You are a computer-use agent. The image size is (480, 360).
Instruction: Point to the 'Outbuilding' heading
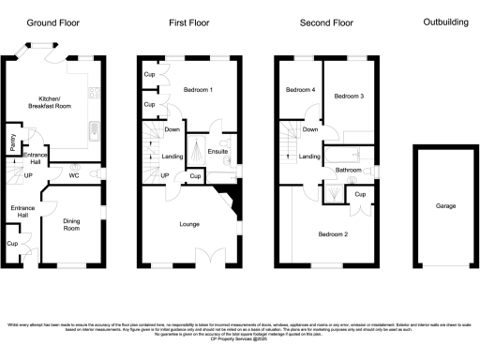pos(445,22)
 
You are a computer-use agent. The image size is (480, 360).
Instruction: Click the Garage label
pos(445,206)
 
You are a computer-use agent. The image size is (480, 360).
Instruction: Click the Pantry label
pos(12,142)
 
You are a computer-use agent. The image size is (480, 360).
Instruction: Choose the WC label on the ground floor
pos(73,174)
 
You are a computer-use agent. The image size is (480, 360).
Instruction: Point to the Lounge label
pos(191,224)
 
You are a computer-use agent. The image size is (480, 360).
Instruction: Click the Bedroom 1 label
pos(198,90)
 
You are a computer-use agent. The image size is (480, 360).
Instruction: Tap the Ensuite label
pos(217,150)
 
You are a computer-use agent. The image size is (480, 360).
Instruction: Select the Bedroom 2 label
pos(333,233)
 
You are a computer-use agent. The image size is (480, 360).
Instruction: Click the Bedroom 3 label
pos(350,97)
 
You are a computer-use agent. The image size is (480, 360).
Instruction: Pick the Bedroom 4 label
pos(299,90)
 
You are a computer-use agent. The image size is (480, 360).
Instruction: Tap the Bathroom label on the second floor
pos(348,170)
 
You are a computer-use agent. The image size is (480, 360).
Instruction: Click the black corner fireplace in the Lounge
pos(227,198)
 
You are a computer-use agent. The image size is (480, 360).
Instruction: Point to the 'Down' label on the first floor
pos(172,129)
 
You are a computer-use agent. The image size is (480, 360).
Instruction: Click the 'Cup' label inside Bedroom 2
pos(360,194)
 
